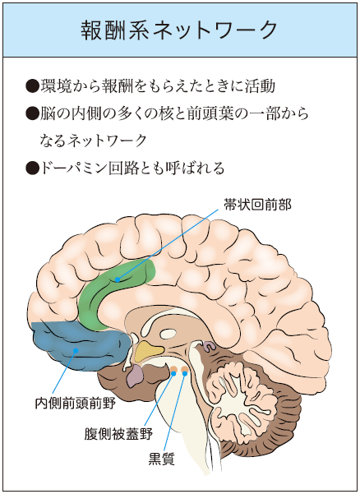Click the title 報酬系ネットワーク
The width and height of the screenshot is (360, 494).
pyautogui.click(x=179, y=30)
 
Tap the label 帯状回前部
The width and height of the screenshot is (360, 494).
pyautogui.click(x=257, y=205)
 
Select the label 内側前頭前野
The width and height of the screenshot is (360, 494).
pyautogui.click(x=76, y=403)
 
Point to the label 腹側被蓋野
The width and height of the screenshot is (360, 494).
pyautogui.click(x=118, y=434)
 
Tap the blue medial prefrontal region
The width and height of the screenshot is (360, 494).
pyautogui.click(x=79, y=345)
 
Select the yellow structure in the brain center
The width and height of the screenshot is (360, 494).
pyautogui.click(x=148, y=351)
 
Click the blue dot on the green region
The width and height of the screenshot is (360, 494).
pyautogui.click(x=118, y=279)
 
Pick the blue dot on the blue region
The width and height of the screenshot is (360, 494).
pyautogui.click(x=76, y=350)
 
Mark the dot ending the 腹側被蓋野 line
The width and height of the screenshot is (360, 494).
pyautogui.click(x=173, y=373)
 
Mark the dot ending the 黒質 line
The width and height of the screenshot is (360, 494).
pyautogui.click(x=185, y=373)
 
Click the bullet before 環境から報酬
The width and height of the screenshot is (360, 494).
pyautogui.click(x=32, y=86)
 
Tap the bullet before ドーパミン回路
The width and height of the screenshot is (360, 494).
pyautogui.click(x=32, y=168)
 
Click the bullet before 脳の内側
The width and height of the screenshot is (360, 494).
pyautogui.click(x=32, y=113)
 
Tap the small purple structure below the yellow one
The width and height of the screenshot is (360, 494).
pyautogui.click(x=135, y=376)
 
